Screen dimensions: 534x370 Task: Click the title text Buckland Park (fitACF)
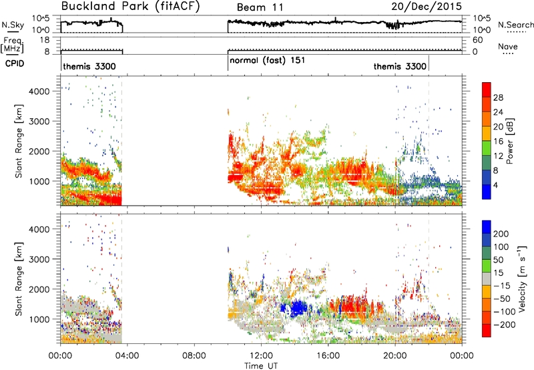tap(130, 6)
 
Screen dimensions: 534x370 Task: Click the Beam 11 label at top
tap(260, 7)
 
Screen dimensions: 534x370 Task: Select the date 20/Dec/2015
tap(427, 6)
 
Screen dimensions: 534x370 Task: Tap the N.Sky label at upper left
tap(13, 25)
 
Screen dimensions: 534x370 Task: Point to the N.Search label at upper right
tap(516, 25)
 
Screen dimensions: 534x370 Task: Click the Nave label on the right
tap(508, 46)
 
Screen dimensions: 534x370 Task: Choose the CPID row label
tap(15, 63)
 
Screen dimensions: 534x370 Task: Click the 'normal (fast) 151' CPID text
tap(268, 61)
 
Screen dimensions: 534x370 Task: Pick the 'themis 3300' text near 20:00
tap(400, 66)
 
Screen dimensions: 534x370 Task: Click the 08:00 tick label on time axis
tap(194, 356)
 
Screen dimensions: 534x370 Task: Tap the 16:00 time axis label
tap(328, 356)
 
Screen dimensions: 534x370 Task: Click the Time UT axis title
tap(261, 366)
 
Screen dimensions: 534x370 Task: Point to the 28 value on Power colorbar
tap(498, 98)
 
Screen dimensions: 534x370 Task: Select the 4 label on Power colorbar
tap(495, 186)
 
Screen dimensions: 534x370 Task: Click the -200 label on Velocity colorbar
tap(505, 325)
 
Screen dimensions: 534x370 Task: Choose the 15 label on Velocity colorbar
tap(498, 273)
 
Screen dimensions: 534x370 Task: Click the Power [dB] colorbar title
tap(510, 142)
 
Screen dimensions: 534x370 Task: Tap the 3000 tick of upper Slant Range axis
tap(39, 122)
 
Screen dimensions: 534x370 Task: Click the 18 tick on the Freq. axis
tap(45, 40)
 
